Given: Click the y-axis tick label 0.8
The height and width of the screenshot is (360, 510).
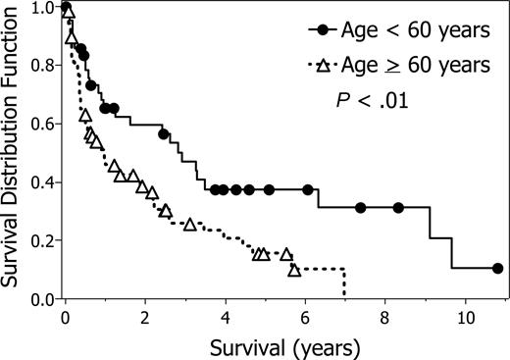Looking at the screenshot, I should click(x=40, y=67).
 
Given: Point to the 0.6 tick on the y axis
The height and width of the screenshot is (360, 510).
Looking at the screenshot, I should click(x=40, y=125).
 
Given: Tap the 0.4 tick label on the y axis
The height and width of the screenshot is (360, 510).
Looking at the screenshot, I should click(x=40, y=183).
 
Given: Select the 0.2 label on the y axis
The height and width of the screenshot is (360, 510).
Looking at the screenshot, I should click(x=40, y=241).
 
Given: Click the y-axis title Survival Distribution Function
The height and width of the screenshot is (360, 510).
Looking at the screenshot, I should click(x=13, y=153).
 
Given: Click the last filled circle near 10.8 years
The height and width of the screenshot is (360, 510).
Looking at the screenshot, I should click(x=497, y=268).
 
